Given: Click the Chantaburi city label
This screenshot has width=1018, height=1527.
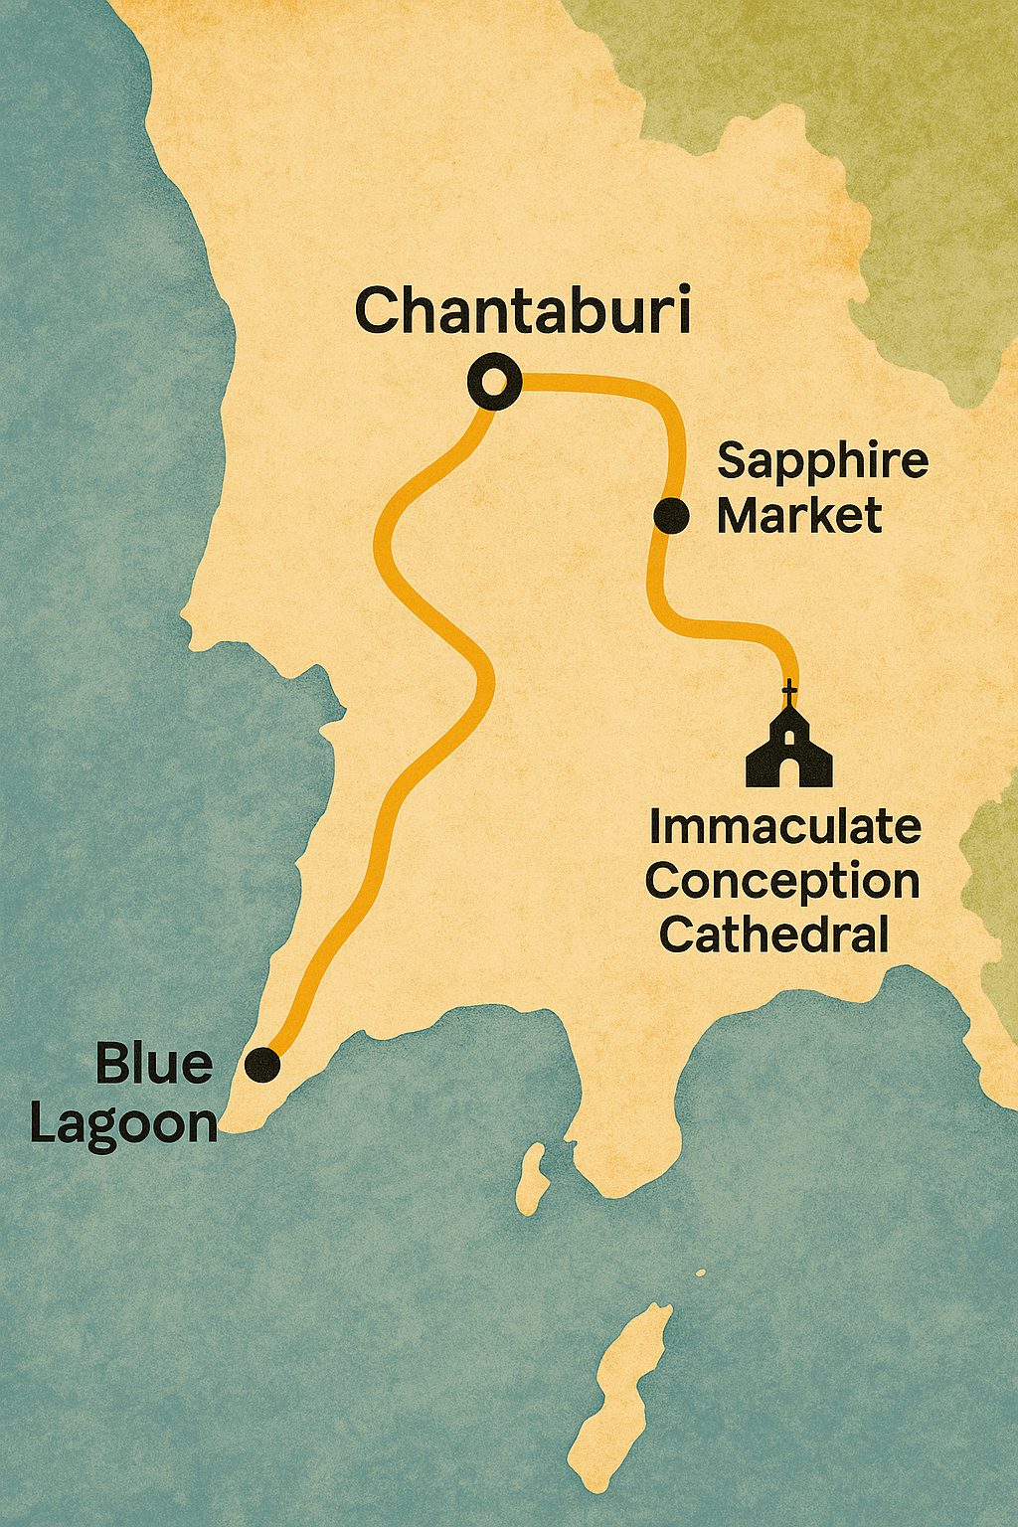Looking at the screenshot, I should coord(522,310).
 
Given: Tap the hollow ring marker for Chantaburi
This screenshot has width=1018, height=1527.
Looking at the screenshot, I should coord(494,382).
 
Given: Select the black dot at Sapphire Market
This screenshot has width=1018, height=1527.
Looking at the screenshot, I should coord(672,515).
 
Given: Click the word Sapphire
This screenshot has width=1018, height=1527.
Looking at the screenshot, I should coord(822,462).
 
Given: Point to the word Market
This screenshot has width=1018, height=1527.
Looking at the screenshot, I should coord(799,516).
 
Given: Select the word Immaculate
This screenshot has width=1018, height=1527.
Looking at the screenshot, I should coord(784,826).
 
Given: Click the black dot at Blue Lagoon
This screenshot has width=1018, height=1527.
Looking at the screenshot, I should coord(262,1064).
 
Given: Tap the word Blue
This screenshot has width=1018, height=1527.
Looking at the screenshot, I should coord(154,1065).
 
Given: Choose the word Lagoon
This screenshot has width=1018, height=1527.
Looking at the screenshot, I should coord(123,1123).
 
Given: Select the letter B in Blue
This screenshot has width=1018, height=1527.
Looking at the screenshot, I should coord(111,1065).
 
